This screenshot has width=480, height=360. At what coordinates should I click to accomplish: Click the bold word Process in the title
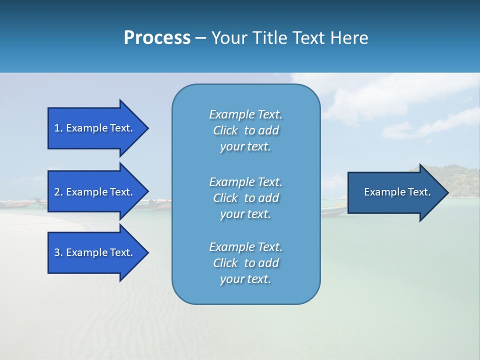(x=157, y=38)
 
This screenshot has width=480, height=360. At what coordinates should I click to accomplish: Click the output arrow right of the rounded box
(x=395, y=192)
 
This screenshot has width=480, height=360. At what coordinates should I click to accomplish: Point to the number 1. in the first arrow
(x=58, y=128)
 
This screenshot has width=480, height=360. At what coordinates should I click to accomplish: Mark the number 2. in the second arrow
(x=58, y=192)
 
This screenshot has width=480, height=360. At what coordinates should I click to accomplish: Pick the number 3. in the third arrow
(x=58, y=252)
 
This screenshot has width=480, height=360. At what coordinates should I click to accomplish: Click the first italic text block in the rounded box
(x=245, y=130)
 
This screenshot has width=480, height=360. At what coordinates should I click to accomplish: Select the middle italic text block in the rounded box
(x=245, y=198)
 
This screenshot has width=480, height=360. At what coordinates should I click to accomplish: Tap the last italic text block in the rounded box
(x=245, y=263)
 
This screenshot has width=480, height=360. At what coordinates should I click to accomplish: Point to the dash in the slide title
(x=200, y=38)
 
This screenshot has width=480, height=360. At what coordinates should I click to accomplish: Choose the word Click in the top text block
(x=225, y=130)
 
